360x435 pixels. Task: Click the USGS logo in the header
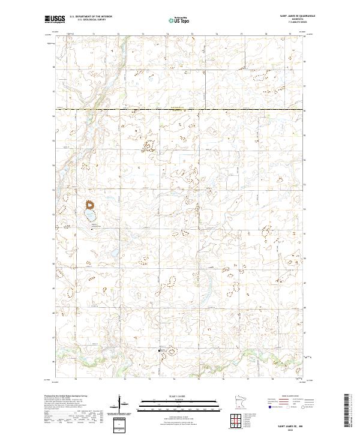tap(53, 19)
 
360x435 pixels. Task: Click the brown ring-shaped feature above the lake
tap(91, 205)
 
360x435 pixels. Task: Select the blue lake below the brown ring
tap(90, 216)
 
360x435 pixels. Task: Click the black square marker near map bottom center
tap(159, 351)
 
